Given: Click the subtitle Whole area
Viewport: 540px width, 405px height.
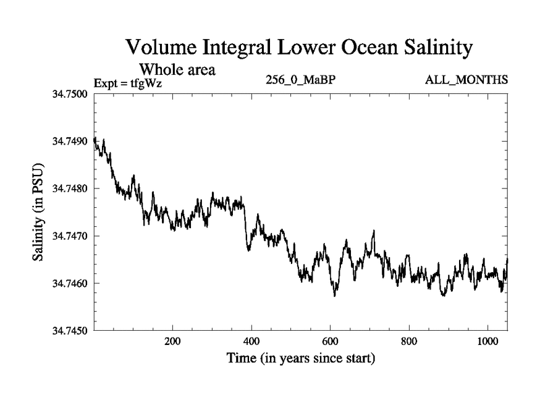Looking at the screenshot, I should pyautogui.click(x=178, y=69).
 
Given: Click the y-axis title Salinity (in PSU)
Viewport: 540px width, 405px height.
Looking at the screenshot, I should pyautogui.click(x=39, y=212).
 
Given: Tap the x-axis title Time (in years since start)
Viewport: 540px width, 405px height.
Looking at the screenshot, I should pyautogui.click(x=300, y=358).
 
